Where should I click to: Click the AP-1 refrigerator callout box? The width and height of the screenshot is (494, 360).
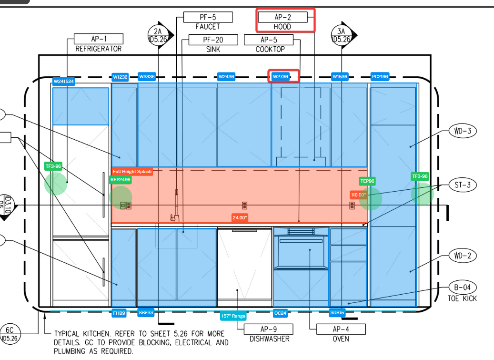99,39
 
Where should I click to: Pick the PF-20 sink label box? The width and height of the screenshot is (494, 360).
213,40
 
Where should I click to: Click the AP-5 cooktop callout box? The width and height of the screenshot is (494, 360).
269,40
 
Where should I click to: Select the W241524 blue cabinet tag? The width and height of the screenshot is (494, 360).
63,81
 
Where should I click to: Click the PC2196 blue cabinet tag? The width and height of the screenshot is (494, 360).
380,76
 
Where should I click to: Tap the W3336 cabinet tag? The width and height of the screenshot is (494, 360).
147,76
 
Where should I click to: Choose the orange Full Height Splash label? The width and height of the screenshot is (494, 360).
132,171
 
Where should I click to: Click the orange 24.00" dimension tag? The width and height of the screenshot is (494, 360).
240,217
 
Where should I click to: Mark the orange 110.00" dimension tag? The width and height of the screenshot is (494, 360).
358,195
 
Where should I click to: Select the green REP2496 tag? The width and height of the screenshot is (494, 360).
120,180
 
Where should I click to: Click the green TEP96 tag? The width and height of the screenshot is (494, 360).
367,181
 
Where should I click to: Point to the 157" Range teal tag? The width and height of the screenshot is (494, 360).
233,316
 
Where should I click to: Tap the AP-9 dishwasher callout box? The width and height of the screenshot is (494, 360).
269,329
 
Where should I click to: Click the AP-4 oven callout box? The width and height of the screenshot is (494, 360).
341,329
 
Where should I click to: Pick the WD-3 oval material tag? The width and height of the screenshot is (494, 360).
462,131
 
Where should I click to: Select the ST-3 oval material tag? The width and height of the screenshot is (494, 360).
462,185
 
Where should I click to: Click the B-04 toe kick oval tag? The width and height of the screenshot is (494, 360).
462,288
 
